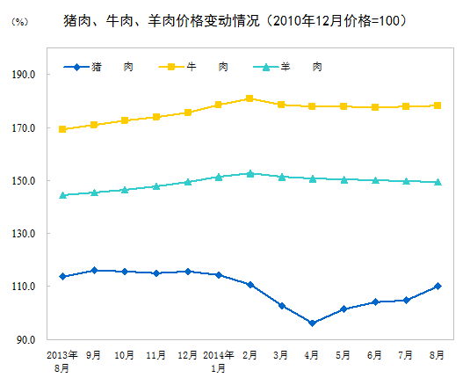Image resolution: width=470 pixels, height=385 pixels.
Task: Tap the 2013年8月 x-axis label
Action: coord(62,361)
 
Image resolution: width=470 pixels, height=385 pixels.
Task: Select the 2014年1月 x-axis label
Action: coord(218,361)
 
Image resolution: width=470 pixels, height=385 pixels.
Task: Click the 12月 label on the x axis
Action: coord(187,355)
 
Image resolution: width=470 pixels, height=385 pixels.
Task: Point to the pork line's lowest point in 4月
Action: coord(312,323)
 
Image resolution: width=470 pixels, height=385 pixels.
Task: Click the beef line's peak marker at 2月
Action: coord(249,98)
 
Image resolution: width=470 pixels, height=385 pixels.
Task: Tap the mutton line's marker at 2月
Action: coord(249,173)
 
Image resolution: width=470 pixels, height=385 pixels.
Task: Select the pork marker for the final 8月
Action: coord(437,286)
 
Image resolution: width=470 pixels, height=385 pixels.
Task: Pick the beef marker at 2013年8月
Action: coord(62,129)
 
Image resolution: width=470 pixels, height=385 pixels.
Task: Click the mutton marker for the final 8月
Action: coord(437,182)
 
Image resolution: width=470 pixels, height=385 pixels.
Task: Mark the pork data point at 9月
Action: coord(94,270)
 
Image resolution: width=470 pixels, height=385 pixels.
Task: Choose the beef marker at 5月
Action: coord(343,106)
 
